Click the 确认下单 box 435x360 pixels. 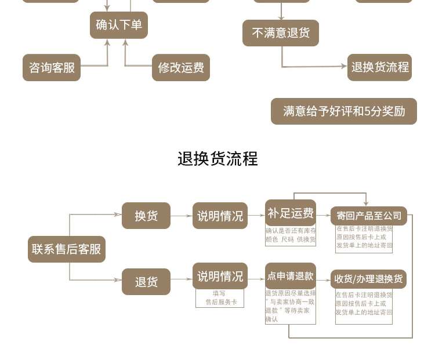[x=119, y=25]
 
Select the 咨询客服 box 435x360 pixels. [x=52, y=67]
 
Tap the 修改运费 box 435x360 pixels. [x=181, y=67]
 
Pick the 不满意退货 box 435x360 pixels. [x=281, y=33]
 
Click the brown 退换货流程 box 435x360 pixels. [x=380, y=67]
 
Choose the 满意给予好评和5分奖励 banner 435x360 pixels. [x=344, y=111]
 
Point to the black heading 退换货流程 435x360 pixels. [x=217, y=159]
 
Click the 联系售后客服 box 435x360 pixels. [x=67, y=249]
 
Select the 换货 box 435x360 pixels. [x=146, y=216]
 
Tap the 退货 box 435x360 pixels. [x=146, y=282]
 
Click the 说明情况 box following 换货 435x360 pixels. [x=220, y=216]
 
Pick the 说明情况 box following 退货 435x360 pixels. [x=220, y=276]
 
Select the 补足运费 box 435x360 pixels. [x=291, y=213]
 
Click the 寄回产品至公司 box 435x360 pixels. [x=369, y=216]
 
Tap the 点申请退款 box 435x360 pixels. [x=291, y=276]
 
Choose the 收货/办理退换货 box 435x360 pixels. [x=369, y=279]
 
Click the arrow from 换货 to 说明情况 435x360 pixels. [x=182, y=216]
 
